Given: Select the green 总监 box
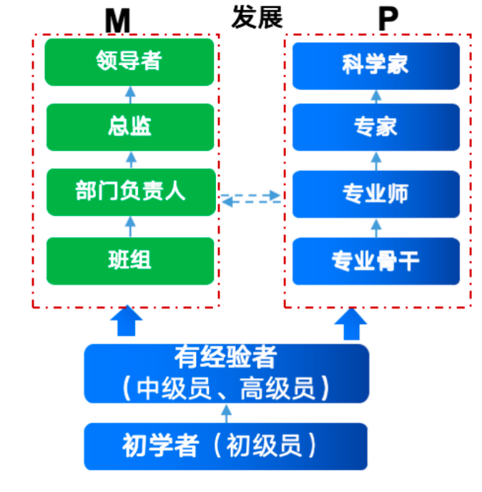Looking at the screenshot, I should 129,127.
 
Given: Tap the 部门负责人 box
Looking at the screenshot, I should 129,192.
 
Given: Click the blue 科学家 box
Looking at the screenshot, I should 375,65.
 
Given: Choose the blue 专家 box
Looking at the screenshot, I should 375,127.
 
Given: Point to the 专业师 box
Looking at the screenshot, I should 375,193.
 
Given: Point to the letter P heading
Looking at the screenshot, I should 387,21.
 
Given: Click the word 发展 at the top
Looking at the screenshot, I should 257,17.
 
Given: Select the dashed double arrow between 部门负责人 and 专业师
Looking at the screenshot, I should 251,197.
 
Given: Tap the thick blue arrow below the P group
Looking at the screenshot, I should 351,323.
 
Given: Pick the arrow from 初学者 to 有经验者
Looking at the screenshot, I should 227,413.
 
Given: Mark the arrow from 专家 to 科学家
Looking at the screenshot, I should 376,96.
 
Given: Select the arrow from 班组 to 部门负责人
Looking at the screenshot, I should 130,226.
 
